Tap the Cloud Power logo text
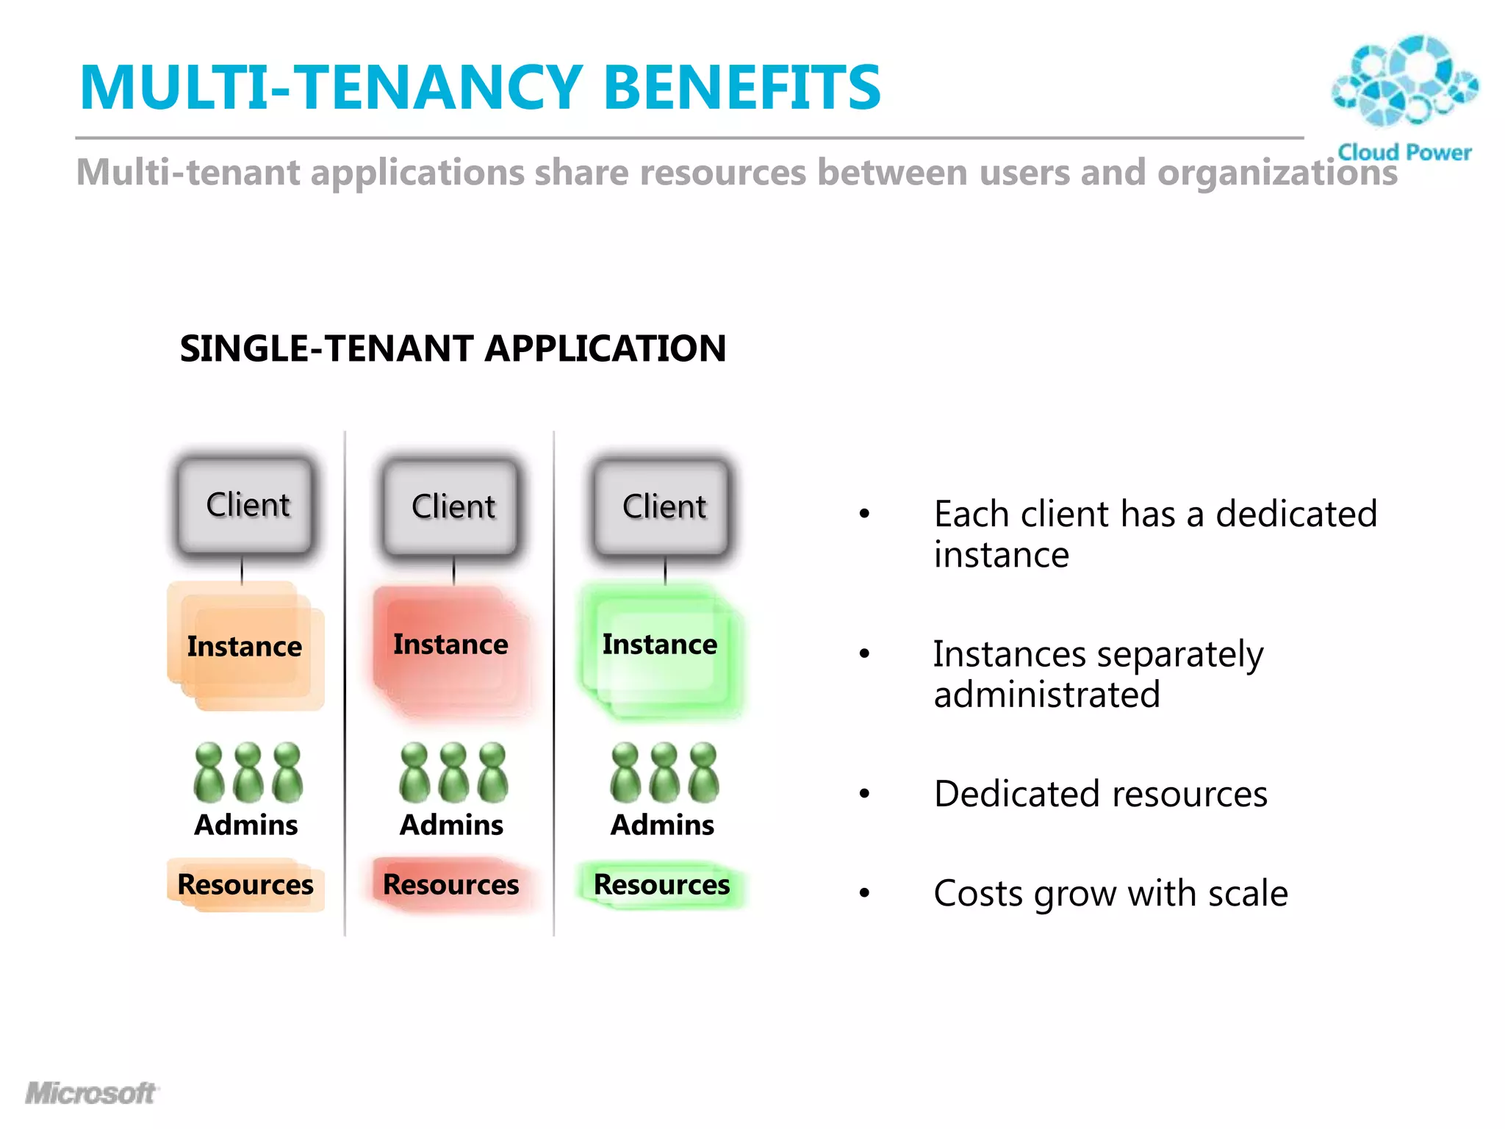point(1404,152)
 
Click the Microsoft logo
point(90,1093)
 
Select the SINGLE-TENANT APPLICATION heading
point(453,348)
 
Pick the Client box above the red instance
point(452,507)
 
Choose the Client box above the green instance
point(663,507)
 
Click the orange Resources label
point(245,884)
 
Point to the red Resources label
point(450,884)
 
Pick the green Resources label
point(661,884)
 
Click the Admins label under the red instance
point(451,825)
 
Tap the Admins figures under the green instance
point(664,773)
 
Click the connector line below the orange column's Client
point(242,570)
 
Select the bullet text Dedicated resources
point(1100,795)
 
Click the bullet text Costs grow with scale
point(1110,894)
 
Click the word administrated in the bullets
point(1046,695)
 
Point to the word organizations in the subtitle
point(1276,173)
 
